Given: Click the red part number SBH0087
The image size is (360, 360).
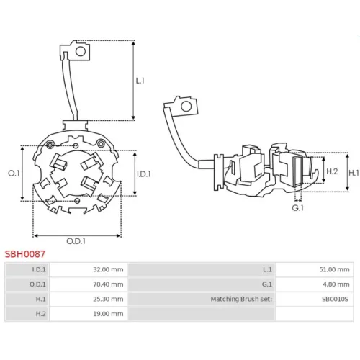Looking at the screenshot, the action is [x=25, y=253].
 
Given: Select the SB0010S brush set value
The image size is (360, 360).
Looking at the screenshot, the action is [x=335, y=299].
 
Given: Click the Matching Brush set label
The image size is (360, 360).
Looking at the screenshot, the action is [x=241, y=299].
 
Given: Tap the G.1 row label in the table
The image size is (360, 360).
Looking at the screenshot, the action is [x=267, y=284].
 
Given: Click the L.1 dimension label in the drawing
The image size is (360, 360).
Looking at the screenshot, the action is [x=140, y=81].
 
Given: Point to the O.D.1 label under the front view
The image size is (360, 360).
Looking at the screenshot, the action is [x=76, y=241].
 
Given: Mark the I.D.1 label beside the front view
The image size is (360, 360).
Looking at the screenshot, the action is [x=144, y=174].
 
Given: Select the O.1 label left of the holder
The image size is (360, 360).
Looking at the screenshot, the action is [x=14, y=173].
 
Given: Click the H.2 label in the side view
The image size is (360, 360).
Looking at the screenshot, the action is [x=332, y=171].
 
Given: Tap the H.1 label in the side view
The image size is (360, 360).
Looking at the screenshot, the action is [x=354, y=173].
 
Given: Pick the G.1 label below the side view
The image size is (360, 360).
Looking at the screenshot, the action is [x=297, y=208].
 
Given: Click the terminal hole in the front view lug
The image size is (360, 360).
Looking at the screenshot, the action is [x=81, y=52].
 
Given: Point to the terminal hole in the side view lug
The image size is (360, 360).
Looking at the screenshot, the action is [x=186, y=107].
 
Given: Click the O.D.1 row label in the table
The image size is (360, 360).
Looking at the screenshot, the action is [x=37, y=284].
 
